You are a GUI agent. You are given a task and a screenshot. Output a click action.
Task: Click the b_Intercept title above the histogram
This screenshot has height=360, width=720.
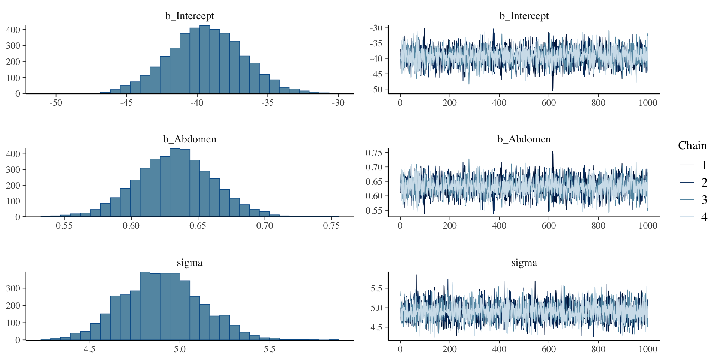[x=189, y=16]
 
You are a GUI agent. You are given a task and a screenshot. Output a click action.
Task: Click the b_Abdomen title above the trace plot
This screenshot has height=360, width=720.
[x=524, y=139]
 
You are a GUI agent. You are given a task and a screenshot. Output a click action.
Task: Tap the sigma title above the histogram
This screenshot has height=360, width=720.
[x=189, y=263]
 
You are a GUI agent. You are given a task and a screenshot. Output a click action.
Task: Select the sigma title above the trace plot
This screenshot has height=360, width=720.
[x=524, y=263]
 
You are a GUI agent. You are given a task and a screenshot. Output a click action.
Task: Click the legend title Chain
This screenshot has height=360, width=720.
[x=692, y=145]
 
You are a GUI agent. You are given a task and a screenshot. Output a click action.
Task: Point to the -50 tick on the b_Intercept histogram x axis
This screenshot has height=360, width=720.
[x=56, y=103]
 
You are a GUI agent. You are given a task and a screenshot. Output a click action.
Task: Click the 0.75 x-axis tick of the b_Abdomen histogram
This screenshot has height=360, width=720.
[x=331, y=226]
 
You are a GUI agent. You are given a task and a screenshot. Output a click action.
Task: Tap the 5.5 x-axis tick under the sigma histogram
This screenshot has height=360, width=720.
[x=269, y=349]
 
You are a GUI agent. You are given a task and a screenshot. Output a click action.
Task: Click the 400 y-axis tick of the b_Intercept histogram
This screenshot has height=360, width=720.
[x=13, y=30]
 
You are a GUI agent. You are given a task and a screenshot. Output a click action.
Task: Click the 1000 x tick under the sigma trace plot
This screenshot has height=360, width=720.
[x=648, y=349]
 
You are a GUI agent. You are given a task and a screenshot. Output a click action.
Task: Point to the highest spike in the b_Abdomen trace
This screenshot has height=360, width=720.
[x=552, y=152]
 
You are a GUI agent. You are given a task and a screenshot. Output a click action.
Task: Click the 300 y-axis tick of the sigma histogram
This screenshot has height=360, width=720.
[x=13, y=288]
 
